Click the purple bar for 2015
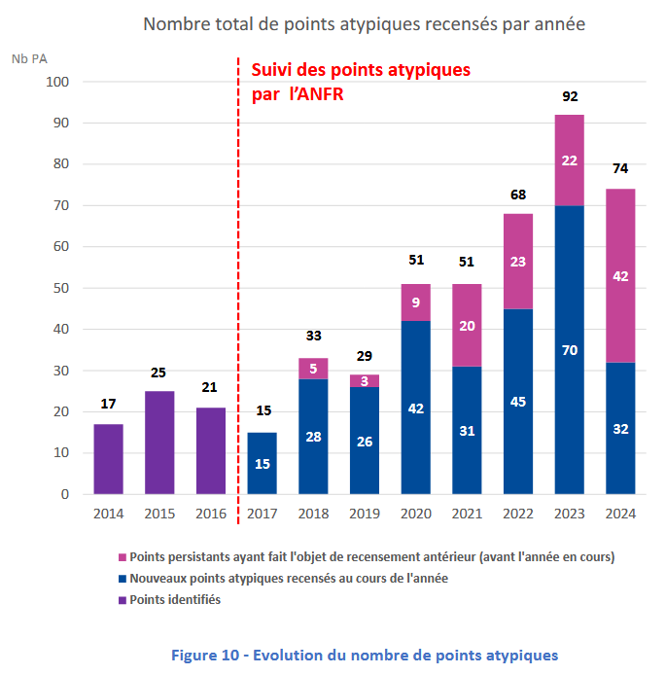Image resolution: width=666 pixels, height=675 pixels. click(x=159, y=443)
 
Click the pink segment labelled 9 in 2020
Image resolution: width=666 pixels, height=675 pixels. click(x=416, y=302)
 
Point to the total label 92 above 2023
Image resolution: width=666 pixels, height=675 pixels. click(x=570, y=97)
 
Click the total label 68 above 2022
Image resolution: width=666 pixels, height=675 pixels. click(x=518, y=195)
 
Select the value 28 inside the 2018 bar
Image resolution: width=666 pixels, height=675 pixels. click(x=313, y=436)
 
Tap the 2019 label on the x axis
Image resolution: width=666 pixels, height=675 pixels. click(x=365, y=514)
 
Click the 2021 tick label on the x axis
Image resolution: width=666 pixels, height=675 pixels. click(x=467, y=514)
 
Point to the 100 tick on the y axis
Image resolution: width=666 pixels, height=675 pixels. click(x=57, y=82)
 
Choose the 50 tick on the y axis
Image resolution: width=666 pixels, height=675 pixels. click(x=60, y=288)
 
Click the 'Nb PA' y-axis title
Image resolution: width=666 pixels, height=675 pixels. click(x=30, y=58)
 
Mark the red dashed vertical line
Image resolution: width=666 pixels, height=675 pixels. click(x=238, y=292)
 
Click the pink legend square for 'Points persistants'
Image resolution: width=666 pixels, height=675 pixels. click(x=122, y=558)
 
